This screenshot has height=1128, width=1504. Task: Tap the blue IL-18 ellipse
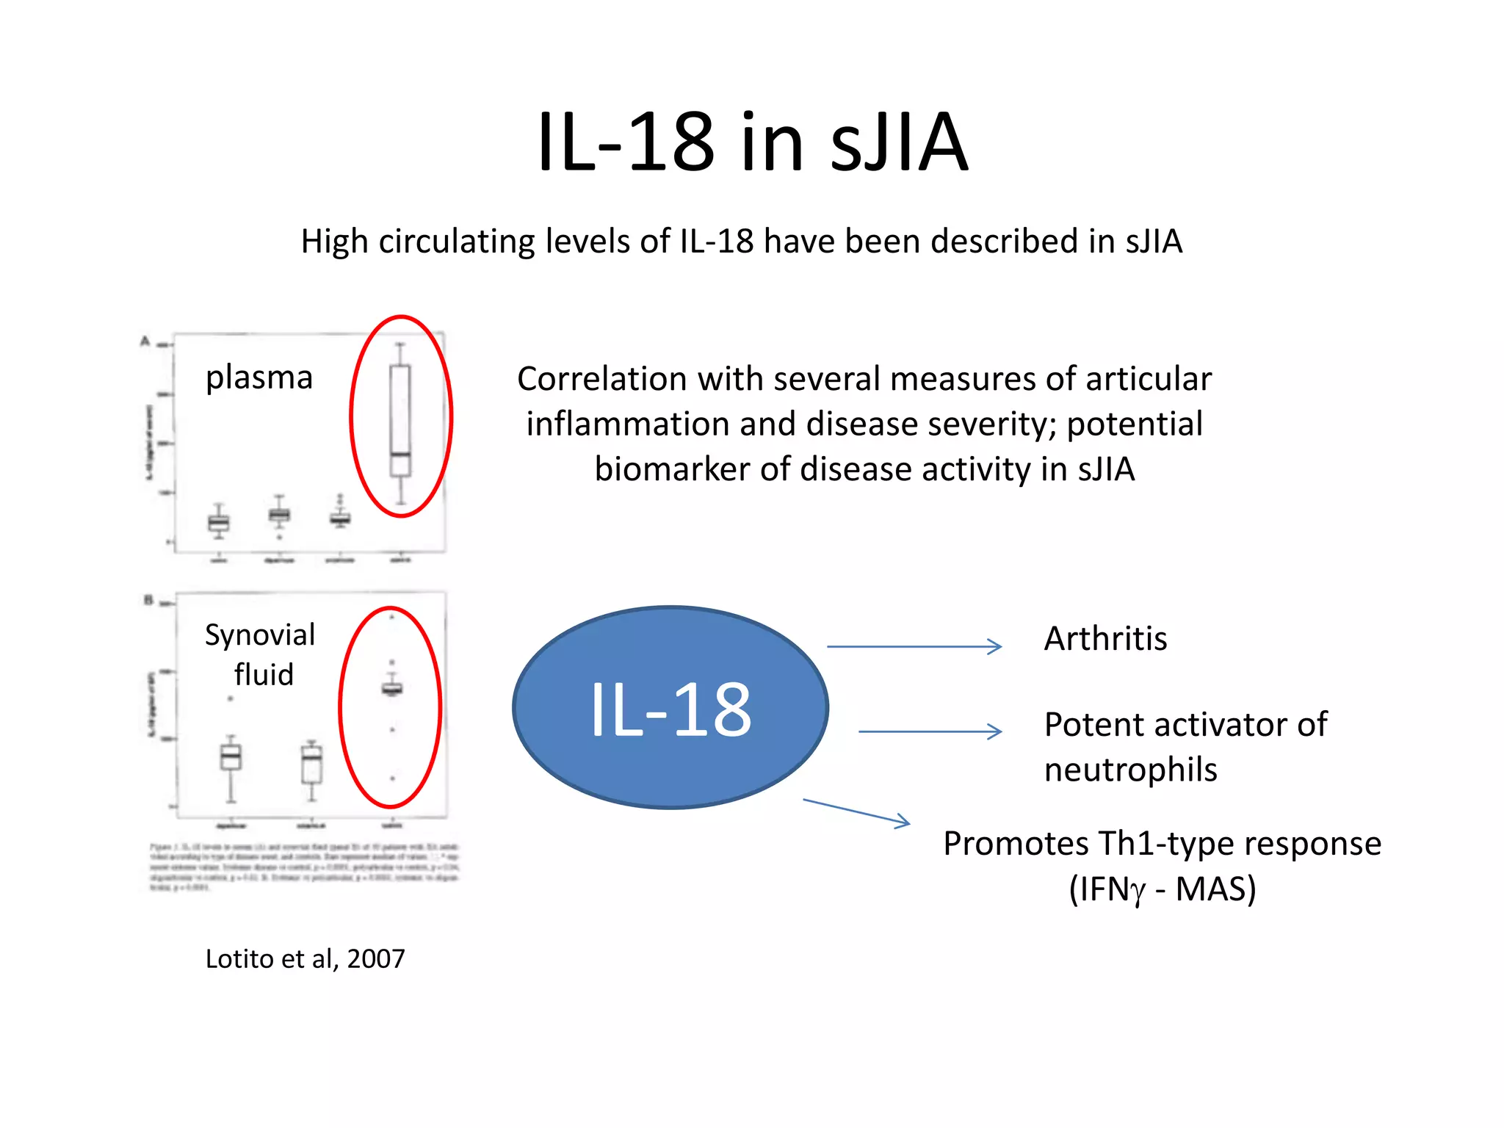click(670, 707)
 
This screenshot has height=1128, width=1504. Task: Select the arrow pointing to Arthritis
click(914, 646)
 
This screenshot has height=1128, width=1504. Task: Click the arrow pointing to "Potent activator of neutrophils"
click(930, 731)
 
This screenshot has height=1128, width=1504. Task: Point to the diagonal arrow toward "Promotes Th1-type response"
click(856, 812)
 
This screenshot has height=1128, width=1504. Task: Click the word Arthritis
click(1105, 639)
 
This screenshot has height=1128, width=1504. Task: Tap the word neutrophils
click(1130, 770)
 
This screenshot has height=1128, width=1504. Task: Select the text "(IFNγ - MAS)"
click(1163, 889)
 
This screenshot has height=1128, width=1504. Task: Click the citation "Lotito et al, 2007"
click(305, 959)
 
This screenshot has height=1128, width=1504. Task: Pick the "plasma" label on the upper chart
click(259, 378)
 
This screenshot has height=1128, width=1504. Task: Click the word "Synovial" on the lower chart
click(260, 635)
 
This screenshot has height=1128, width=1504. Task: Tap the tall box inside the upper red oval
click(400, 420)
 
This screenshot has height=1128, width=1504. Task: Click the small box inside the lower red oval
click(392, 688)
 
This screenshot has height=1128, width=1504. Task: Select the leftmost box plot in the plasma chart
click(218, 522)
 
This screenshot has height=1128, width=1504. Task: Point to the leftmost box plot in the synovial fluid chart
click(231, 756)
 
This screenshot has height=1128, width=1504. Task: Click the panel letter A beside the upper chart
click(145, 341)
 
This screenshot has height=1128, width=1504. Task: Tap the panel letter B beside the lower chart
click(148, 600)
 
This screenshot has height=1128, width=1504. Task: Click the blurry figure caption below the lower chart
click(304, 867)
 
